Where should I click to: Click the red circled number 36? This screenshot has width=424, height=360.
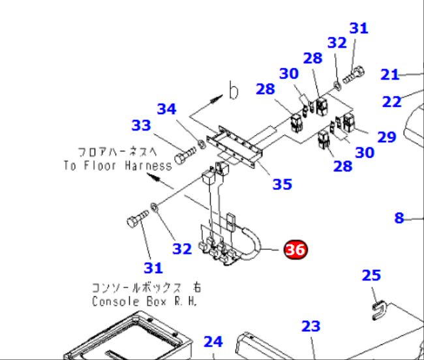[x=295, y=249]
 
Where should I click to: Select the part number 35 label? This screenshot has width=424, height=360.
[x=282, y=185]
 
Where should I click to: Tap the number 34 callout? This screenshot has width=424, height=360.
[x=167, y=109]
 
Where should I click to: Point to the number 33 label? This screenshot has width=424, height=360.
[x=141, y=125]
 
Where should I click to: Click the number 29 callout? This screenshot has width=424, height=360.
[x=387, y=137]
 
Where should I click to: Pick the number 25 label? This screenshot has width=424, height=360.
[x=371, y=275]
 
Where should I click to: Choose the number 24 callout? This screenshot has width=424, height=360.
[x=213, y=341]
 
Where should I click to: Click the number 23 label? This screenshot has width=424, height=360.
[x=311, y=326]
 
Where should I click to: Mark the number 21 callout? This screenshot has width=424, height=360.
[x=389, y=74]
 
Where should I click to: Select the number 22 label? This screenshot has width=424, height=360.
[x=392, y=102]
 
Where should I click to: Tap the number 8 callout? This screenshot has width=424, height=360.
[x=399, y=218]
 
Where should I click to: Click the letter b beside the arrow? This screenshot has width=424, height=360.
[x=234, y=90]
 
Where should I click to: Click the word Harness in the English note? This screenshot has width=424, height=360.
[x=148, y=165]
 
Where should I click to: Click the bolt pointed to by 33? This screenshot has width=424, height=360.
[x=185, y=155]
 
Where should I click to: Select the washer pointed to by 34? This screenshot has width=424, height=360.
[x=202, y=144]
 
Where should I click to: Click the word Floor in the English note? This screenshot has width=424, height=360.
[x=100, y=165]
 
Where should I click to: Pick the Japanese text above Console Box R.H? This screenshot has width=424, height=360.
[x=146, y=288]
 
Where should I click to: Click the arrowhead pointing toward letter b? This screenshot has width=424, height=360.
[x=217, y=98]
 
